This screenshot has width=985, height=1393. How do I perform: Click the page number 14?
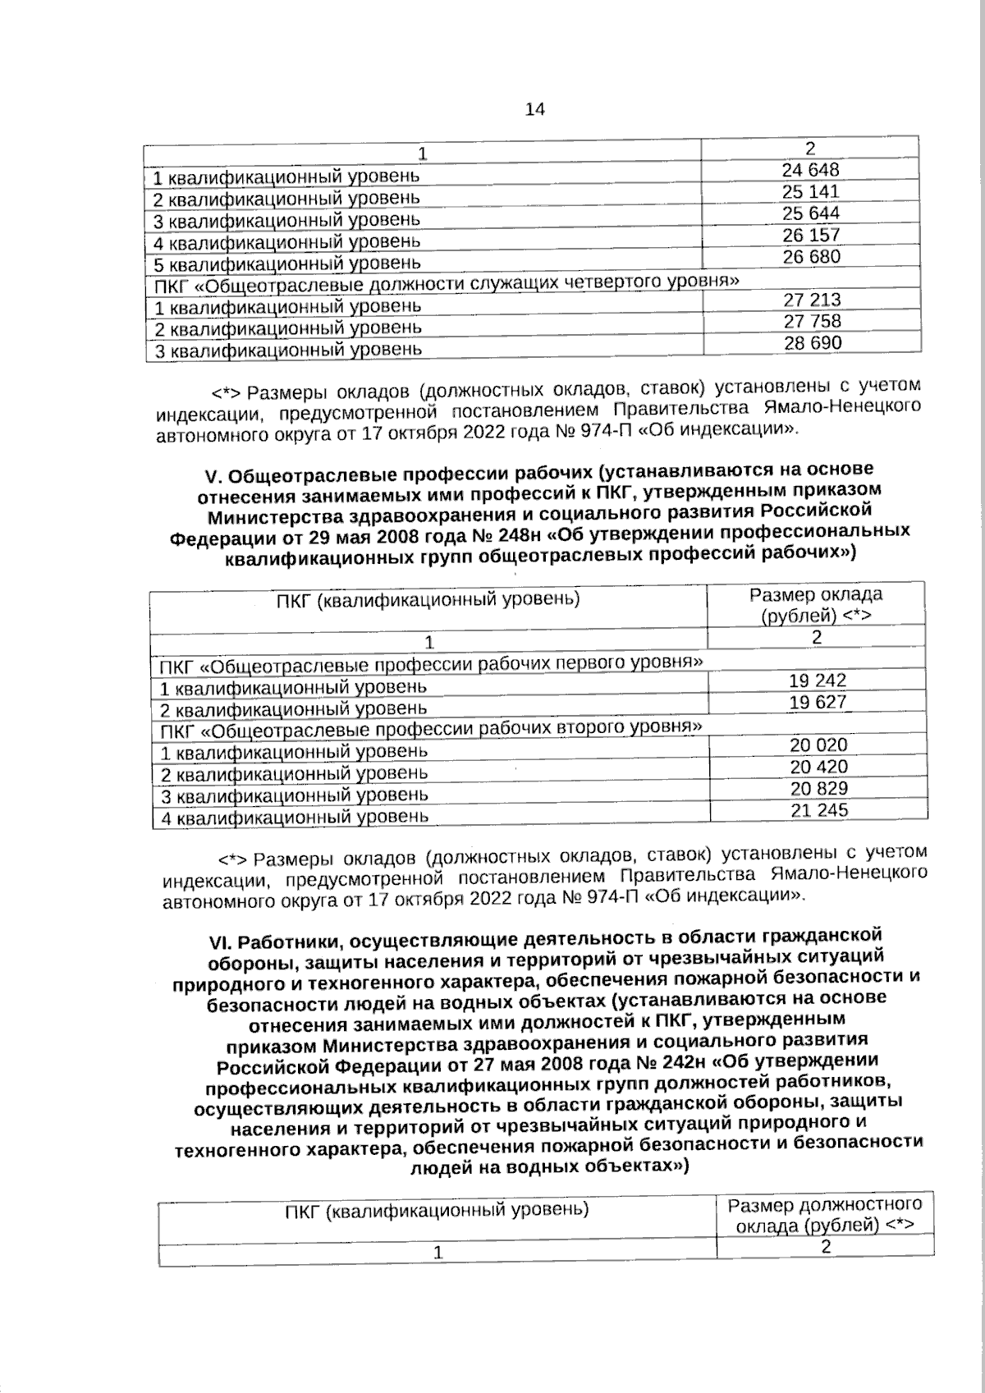click(534, 110)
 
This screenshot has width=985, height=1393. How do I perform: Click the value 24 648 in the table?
click(810, 171)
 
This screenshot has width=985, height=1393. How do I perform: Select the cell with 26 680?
click(811, 257)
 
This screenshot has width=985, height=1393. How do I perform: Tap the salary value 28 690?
click(813, 343)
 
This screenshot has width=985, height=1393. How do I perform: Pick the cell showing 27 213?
click(812, 300)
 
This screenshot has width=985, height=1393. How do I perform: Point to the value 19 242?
click(818, 680)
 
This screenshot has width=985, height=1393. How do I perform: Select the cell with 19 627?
click(818, 702)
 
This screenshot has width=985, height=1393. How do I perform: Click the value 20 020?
click(818, 745)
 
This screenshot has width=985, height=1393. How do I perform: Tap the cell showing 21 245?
click(818, 810)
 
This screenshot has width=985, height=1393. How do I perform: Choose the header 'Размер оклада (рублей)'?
click(816, 605)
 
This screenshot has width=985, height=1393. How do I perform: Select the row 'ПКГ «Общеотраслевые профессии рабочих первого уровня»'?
click(432, 663)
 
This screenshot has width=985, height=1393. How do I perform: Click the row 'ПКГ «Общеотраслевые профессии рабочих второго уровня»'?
click(432, 728)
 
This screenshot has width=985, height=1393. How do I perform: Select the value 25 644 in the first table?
click(810, 213)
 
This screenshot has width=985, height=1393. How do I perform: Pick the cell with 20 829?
click(818, 789)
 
